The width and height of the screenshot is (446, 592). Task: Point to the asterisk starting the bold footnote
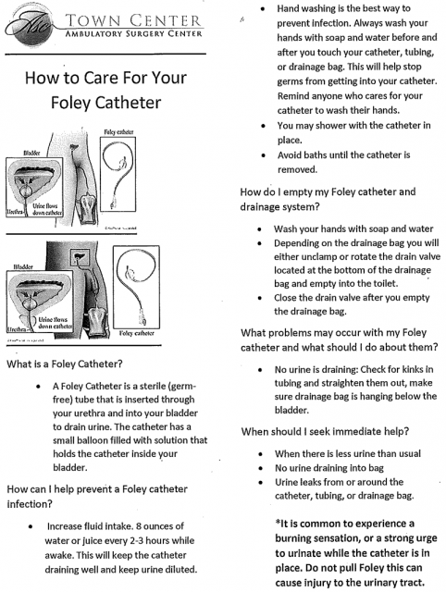click(x=279, y=524)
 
